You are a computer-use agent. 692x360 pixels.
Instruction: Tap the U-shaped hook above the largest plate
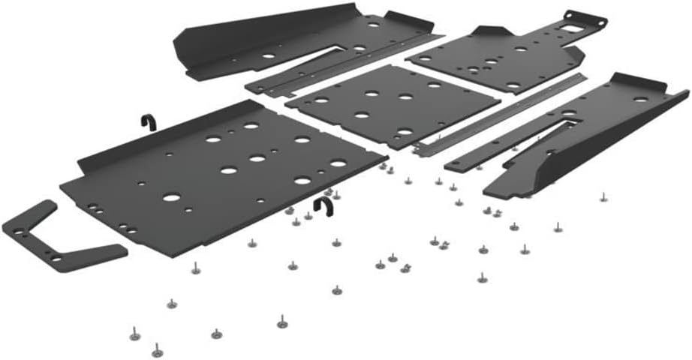pyautogui.click(x=148, y=121)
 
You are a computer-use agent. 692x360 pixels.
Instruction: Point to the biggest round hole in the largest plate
pyautogui.click(x=171, y=199)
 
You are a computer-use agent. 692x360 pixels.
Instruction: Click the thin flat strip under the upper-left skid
pyautogui.click(x=338, y=65)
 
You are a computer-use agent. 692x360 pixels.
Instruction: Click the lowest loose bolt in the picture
pyautogui.click(x=156, y=350)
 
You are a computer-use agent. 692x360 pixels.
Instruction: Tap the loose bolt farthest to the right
pyautogui.click(x=602, y=199)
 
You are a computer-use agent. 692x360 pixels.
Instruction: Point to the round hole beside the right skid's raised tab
pyautogui.click(x=639, y=98)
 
